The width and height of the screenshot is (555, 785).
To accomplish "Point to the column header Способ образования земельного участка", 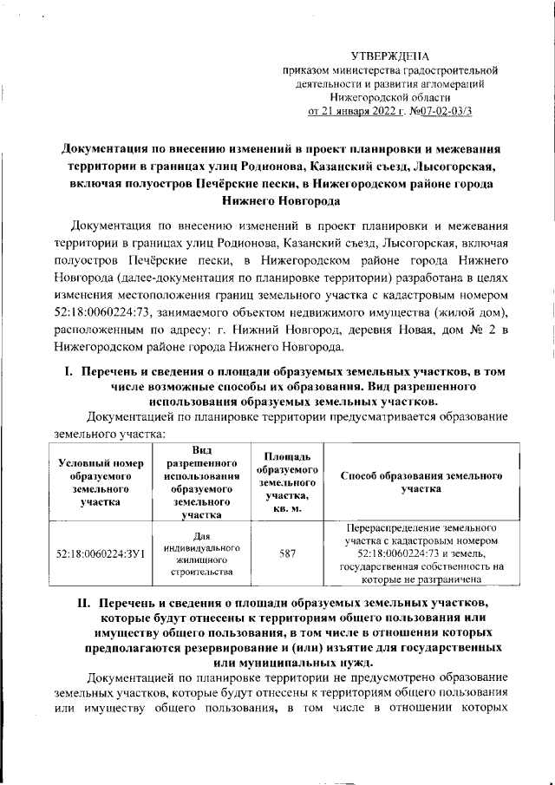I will [421, 482].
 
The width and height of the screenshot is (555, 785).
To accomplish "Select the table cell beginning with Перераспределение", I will [421, 553].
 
